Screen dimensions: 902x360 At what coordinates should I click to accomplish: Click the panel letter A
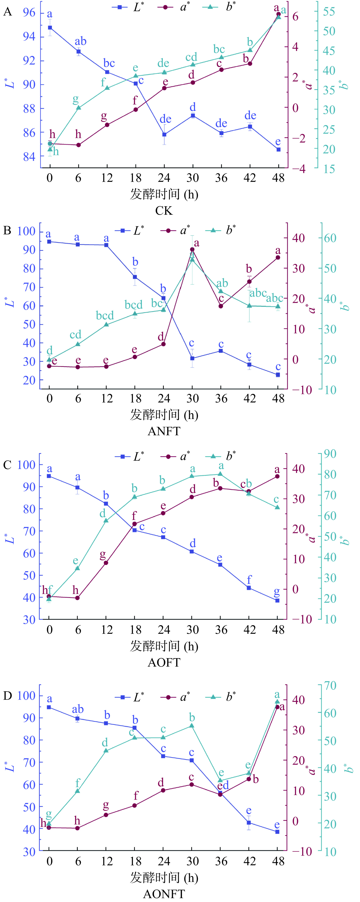click(7, 12)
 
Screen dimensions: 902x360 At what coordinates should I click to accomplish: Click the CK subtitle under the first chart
click(164, 211)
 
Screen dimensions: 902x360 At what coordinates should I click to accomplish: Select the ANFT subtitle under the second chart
click(164, 431)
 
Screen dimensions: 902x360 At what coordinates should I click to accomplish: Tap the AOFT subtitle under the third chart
click(164, 662)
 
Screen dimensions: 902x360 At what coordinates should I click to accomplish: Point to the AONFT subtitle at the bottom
click(164, 894)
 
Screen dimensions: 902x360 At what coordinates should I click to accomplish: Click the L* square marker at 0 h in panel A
click(50, 28)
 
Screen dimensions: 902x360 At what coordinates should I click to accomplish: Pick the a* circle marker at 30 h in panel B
click(192, 249)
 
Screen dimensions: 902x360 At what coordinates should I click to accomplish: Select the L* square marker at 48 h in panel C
click(277, 601)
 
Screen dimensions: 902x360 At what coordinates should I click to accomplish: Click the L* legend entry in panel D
click(130, 697)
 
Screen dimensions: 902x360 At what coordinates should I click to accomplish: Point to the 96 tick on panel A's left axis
click(29, 13)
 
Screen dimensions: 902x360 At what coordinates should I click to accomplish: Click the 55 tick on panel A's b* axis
click(329, 12)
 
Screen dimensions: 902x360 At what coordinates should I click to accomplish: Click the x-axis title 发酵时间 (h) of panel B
click(164, 415)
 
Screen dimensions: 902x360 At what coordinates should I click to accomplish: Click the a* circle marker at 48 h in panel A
click(278, 14)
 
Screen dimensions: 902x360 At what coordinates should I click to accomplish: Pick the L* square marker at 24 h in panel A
click(164, 134)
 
